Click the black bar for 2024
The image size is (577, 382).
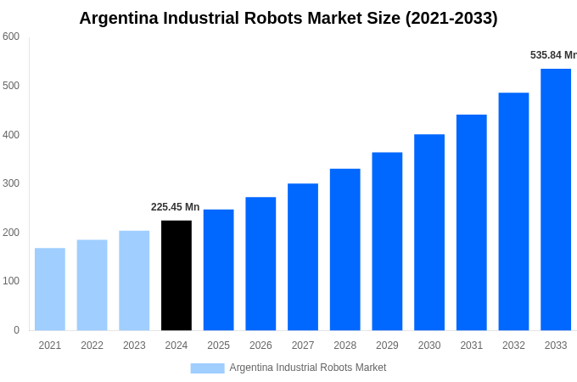tap(176, 275)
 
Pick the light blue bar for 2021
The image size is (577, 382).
tap(50, 289)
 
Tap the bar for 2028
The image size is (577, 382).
tap(345, 250)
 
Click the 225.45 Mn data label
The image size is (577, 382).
tap(175, 207)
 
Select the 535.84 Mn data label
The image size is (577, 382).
tap(553, 55)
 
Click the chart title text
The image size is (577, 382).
tap(288, 18)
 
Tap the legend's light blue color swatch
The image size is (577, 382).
tap(207, 368)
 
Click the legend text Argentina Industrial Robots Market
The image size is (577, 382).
tap(307, 368)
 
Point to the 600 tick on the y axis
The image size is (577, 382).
tap(11, 37)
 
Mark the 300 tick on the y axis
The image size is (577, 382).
tap(11, 183)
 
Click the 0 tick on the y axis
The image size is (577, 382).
tap(16, 330)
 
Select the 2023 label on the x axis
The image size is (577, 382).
tap(134, 345)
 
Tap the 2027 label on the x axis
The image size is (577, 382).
tap(303, 345)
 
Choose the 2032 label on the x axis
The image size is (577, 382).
tap(513, 345)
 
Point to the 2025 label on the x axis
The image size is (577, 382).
tap(218, 345)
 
